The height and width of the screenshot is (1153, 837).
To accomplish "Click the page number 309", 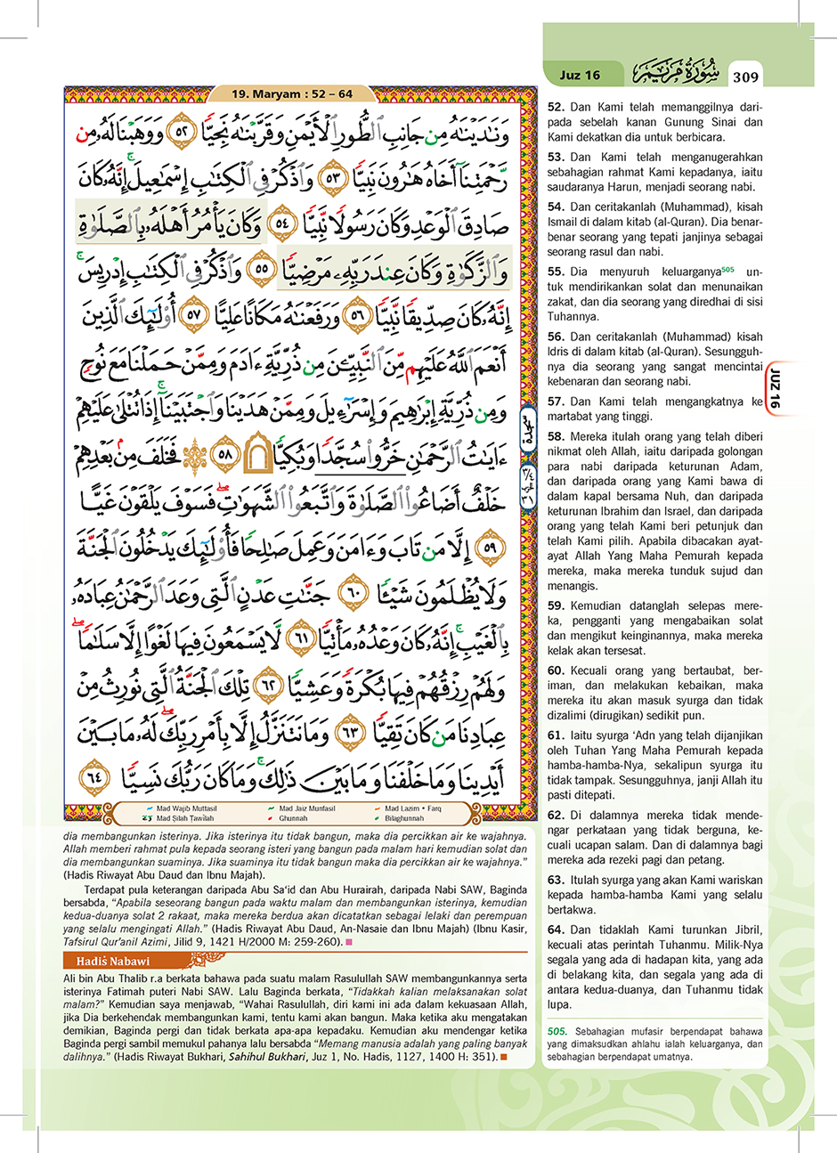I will (x=745, y=77).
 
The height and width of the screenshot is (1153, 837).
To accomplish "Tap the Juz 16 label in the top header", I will (x=580, y=75).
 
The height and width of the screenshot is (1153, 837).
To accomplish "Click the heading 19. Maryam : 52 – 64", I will (x=292, y=93).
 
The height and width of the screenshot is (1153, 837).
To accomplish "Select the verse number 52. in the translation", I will (x=556, y=107).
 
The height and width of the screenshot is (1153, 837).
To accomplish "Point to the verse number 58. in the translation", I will (x=556, y=436).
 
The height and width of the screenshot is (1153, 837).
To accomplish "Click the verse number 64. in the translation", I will (x=556, y=930).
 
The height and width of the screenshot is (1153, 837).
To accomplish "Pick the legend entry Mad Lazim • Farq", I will (x=412, y=808).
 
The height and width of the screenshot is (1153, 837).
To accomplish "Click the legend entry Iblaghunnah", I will (x=404, y=817).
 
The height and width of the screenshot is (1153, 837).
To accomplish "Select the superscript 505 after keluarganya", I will (x=727, y=269).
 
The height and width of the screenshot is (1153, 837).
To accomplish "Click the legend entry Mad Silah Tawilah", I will (x=184, y=817).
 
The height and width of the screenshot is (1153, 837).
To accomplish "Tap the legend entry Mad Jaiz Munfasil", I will (x=306, y=808).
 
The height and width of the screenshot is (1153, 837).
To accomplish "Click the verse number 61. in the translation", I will (x=556, y=735).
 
